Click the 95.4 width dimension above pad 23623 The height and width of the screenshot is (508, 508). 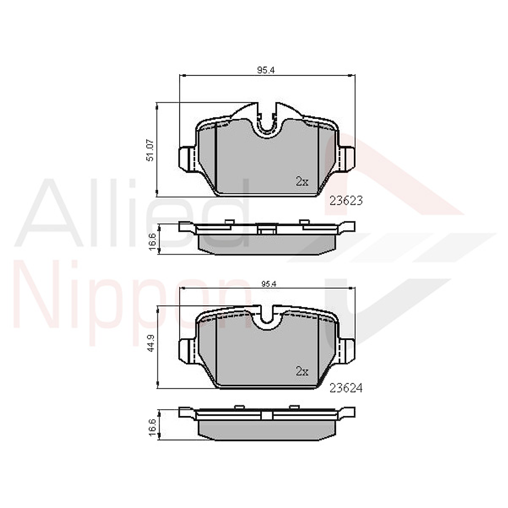267,70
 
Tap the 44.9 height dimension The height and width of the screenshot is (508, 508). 150,348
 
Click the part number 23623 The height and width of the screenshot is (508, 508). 346,201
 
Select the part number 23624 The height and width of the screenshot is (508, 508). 346,387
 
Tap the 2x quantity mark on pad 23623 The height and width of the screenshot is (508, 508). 302,181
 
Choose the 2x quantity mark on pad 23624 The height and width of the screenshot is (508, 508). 302,371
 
